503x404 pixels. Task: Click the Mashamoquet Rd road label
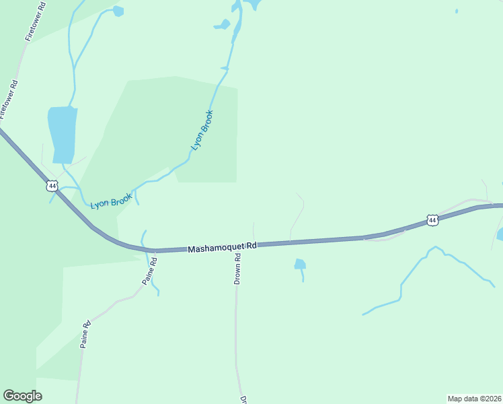click(x=223, y=247)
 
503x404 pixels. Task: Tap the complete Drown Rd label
click(x=237, y=269)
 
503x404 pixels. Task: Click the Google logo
click(x=22, y=396)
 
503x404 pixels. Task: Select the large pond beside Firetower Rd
click(x=62, y=133)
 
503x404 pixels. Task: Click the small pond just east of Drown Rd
click(x=300, y=264)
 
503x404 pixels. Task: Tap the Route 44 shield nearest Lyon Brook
click(x=52, y=185)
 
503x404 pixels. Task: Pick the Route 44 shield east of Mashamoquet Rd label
click(x=432, y=220)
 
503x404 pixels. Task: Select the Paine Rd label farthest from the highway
click(x=85, y=334)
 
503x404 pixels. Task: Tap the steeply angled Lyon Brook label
click(x=202, y=129)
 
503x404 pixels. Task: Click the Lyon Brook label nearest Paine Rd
click(x=112, y=200)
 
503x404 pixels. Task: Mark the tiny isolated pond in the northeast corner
click(x=457, y=11)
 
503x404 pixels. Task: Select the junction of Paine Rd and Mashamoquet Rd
click(x=149, y=250)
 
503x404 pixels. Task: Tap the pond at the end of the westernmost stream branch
click(x=119, y=11)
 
